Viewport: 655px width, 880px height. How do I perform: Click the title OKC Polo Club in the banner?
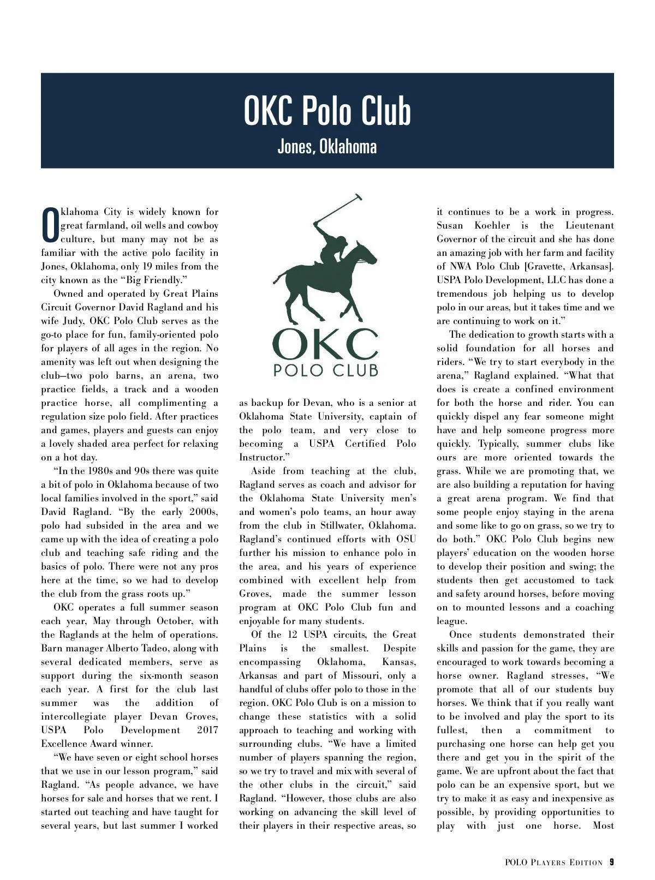(327, 111)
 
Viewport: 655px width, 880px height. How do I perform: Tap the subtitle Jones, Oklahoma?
(327, 147)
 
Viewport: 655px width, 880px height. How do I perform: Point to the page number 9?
(612, 863)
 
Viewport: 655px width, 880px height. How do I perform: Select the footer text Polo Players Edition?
(553, 863)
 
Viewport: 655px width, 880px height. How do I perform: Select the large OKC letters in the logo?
(325, 344)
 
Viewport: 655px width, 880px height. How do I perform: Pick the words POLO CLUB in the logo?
(326, 370)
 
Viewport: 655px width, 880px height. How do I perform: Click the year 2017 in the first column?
(207, 731)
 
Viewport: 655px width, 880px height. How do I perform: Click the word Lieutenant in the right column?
(589, 226)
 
